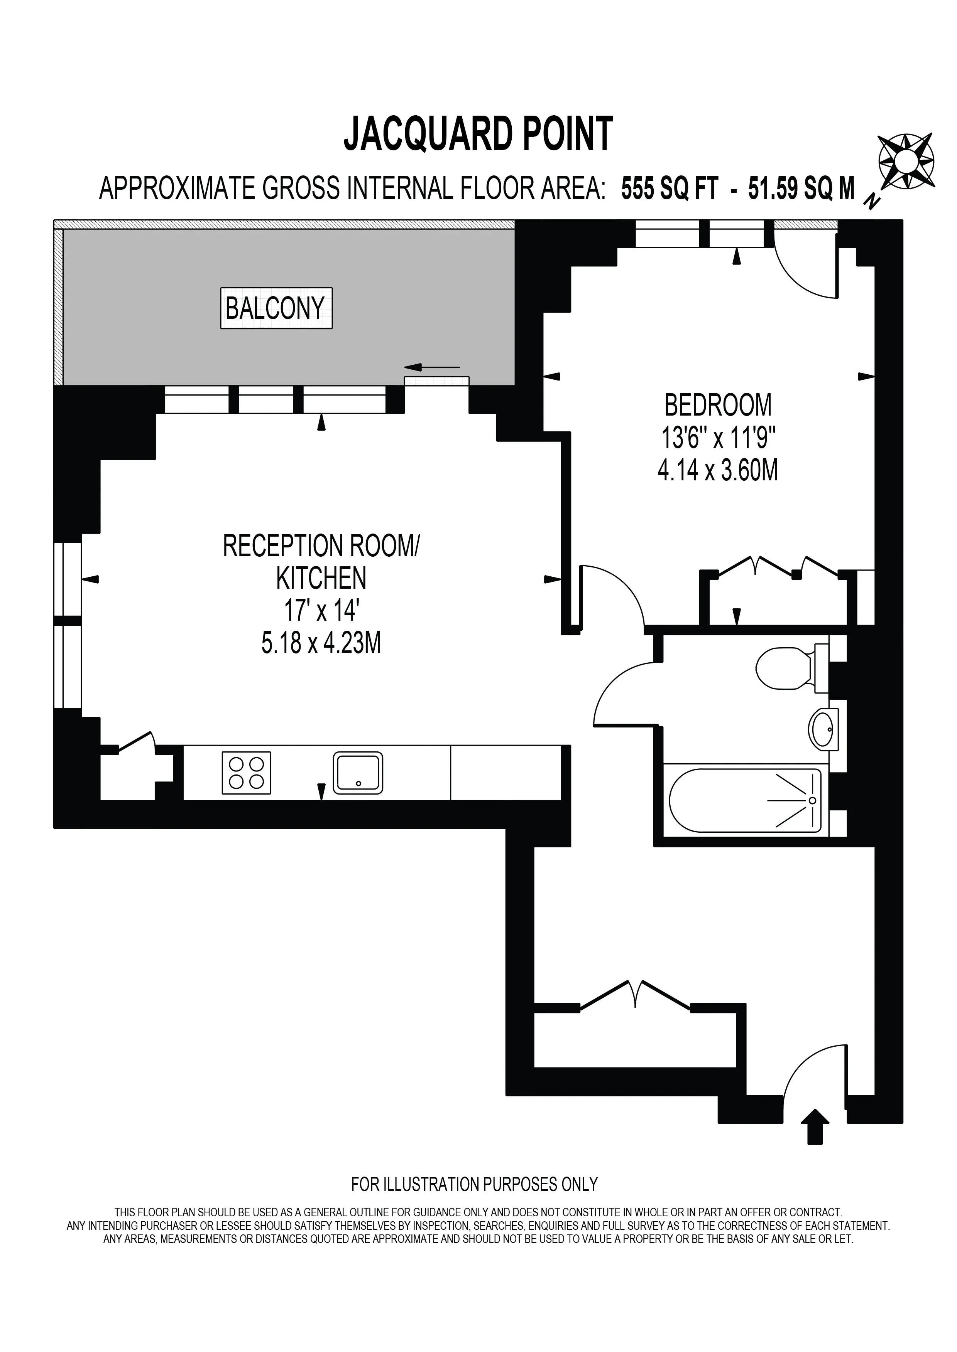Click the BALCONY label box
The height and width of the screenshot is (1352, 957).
tap(276, 308)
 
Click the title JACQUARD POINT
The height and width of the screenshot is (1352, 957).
tap(478, 134)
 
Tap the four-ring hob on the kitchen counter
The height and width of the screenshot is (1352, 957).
tap(246, 773)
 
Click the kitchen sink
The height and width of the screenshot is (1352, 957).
tap(358, 773)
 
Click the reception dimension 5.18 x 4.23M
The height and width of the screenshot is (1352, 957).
tap(321, 643)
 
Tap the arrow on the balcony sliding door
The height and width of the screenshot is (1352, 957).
tap(432, 367)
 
